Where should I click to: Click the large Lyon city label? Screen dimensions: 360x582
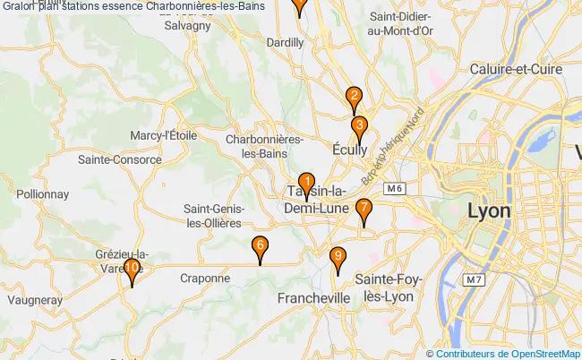click(x=489, y=211)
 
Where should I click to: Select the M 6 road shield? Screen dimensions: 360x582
click(x=394, y=188)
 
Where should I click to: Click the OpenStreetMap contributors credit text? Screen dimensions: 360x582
click(x=509, y=354)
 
